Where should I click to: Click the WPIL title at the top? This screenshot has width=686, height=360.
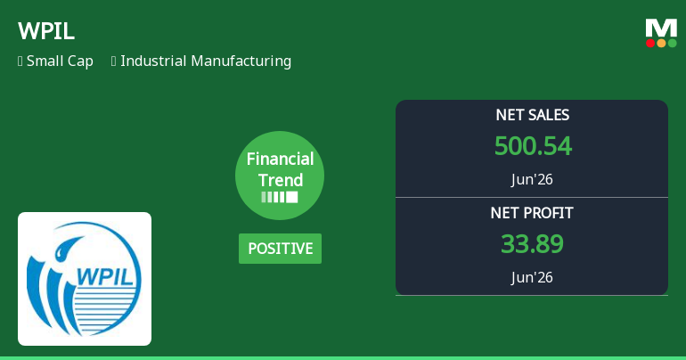point(46,31)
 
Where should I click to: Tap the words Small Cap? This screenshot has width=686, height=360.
point(60,61)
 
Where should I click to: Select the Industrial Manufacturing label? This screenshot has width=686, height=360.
point(206,61)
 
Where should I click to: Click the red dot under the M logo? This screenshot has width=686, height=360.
point(650,44)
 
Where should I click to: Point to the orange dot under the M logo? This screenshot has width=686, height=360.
point(661,44)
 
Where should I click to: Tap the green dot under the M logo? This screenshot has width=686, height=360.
point(672,44)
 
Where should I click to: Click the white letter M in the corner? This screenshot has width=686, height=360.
point(661,28)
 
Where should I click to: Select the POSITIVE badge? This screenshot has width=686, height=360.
point(280,249)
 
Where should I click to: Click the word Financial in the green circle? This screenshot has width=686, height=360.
point(280,159)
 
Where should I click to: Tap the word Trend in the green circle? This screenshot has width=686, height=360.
point(280,180)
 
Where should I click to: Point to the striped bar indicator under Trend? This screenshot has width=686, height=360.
point(280,197)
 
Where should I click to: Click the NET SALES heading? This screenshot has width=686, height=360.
point(533,115)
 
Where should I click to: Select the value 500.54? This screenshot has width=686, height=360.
point(533,146)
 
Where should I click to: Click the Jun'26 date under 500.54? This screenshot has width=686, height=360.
point(532,179)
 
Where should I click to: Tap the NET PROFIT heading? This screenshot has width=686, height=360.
point(532,213)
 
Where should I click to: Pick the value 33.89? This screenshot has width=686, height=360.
point(532,244)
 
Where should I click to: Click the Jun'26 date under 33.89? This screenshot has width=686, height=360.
point(532,277)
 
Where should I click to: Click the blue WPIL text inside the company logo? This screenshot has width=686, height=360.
point(104,276)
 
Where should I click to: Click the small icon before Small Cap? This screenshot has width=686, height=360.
point(20,61)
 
